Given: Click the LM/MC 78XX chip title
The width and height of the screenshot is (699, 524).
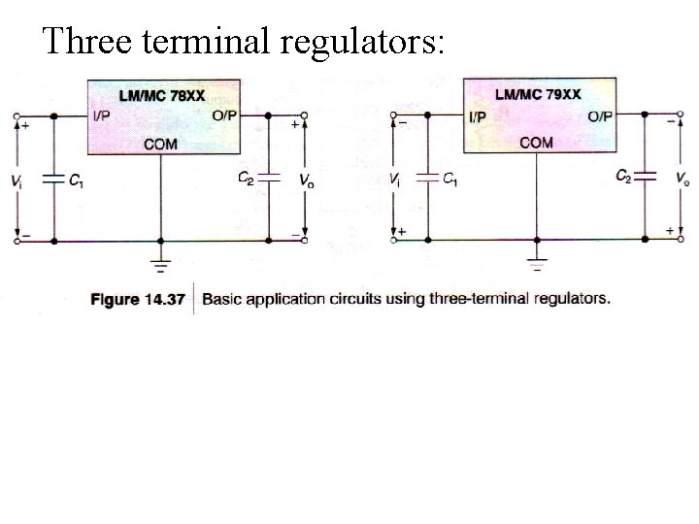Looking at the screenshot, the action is pyautogui.click(x=161, y=96).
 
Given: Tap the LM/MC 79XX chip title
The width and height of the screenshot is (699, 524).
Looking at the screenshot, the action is pyautogui.click(x=538, y=94).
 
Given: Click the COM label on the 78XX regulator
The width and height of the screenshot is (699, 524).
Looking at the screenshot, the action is pyautogui.click(x=160, y=144).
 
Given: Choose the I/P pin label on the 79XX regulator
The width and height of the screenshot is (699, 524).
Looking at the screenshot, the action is pyautogui.click(x=479, y=116).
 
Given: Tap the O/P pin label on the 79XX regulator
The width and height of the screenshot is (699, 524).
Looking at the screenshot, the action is pyautogui.click(x=600, y=116).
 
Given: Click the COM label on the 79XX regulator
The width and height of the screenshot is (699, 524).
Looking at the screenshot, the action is pyautogui.click(x=536, y=143).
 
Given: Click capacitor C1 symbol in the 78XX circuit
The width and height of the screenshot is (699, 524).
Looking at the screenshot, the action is pyautogui.click(x=53, y=179).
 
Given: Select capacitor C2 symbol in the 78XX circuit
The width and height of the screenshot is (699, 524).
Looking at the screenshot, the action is pyautogui.click(x=270, y=179).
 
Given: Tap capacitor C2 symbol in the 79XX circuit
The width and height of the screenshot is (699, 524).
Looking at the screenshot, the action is pyautogui.click(x=646, y=178).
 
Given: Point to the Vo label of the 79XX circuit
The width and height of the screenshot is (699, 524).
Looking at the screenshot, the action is pyautogui.click(x=682, y=180).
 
